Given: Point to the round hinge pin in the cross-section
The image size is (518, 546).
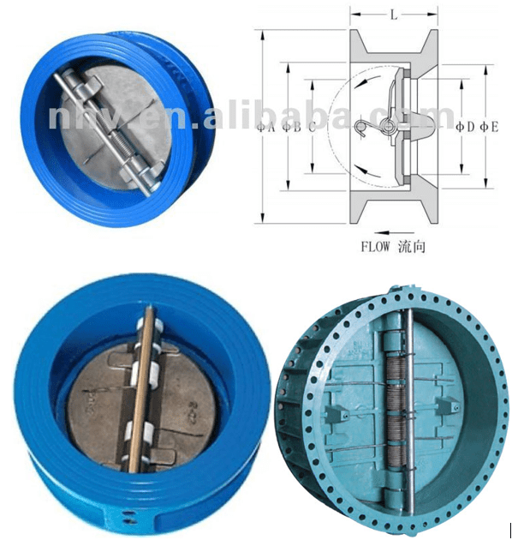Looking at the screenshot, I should [390, 129].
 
